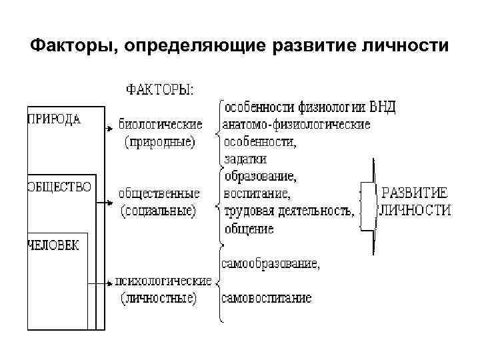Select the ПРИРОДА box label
pyautogui.click(x=55, y=120)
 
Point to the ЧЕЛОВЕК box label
pyautogui.click(x=53, y=245)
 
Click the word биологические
pyautogui.click(x=160, y=124)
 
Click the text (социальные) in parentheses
pyautogui.click(x=159, y=211)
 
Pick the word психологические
pyautogui.click(x=163, y=281)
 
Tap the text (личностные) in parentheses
pyautogui.click(x=159, y=298)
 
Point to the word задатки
pyautogui.click(x=245, y=159)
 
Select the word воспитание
pyautogui.click(x=257, y=194)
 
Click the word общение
pyautogui.click(x=249, y=229)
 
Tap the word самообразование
pyautogui.click(x=271, y=263)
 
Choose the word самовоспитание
pyautogui.click(x=267, y=298)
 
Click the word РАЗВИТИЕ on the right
pyautogui.click(x=414, y=193)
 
